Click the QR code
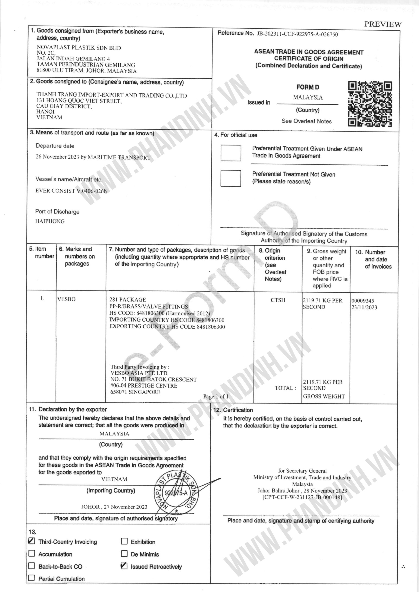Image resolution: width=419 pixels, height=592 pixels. (370, 104)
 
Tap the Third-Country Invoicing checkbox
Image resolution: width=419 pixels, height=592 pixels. (31, 541)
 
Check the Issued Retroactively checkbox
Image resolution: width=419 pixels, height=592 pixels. (124, 566)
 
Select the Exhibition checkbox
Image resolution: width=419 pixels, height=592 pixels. (124, 541)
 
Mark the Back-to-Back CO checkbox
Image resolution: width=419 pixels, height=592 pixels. (31, 566)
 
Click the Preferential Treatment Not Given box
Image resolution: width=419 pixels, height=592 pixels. (231, 178)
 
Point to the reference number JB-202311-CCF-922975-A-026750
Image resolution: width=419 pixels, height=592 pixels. (297, 34)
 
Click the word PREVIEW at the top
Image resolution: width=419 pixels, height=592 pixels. (383, 24)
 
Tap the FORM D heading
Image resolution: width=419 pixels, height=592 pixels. (308, 87)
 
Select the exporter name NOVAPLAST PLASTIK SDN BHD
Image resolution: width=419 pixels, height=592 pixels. (79, 48)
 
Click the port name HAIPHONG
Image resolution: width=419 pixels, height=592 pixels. (50, 221)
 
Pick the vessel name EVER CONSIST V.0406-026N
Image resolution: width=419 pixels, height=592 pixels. (72, 191)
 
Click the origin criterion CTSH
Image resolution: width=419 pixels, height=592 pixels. (278, 300)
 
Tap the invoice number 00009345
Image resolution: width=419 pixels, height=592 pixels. (363, 301)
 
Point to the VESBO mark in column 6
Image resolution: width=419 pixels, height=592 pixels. (66, 299)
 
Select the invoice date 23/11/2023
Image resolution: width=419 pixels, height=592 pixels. (364, 307)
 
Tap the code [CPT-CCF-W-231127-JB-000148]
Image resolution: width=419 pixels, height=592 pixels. (302, 497)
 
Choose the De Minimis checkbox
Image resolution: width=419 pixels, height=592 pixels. (124, 554)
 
